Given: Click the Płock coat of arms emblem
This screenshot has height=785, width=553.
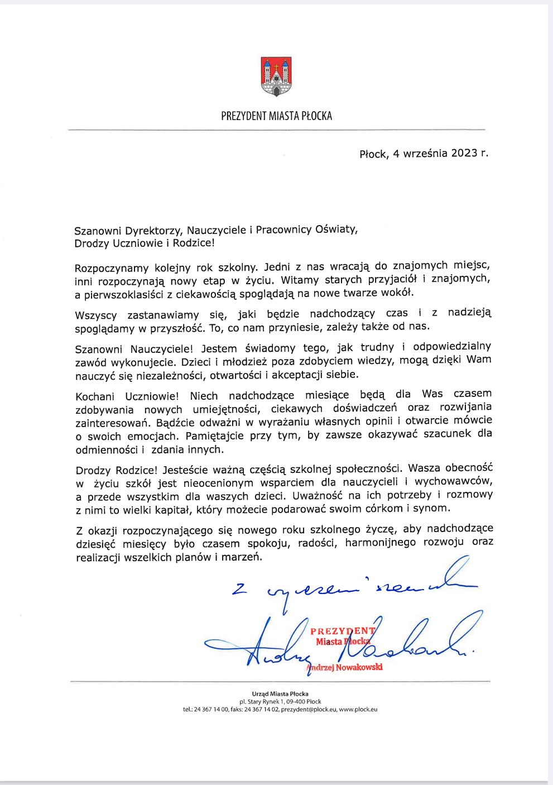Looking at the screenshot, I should [x=276, y=76].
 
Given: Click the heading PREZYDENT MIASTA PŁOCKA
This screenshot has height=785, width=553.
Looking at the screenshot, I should [x=276, y=116].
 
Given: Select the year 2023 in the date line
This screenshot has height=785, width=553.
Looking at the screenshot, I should [x=464, y=153].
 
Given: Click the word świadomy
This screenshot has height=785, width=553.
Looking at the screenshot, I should [x=270, y=348].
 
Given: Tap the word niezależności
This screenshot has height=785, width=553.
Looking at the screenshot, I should [x=175, y=376].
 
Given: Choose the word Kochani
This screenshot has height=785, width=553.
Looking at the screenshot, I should [x=95, y=396].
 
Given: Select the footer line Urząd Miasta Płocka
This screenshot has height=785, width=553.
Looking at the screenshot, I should [x=280, y=694].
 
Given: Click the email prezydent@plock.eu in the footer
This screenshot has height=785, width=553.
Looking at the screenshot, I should [x=309, y=710].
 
